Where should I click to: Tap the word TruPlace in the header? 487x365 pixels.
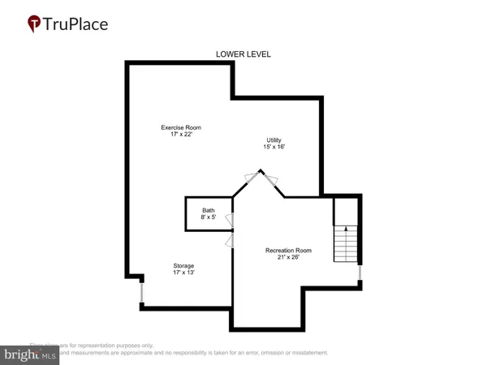click(x=80, y=24)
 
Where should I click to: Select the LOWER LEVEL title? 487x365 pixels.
click(x=243, y=54)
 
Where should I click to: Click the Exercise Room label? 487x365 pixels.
click(x=181, y=127)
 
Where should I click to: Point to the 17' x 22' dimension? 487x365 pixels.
click(x=181, y=135)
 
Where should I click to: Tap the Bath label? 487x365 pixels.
click(x=208, y=210)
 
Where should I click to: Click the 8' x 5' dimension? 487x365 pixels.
click(x=208, y=217)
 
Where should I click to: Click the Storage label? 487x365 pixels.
click(x=183, y=265)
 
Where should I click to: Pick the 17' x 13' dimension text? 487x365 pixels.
click(x=183, y=273)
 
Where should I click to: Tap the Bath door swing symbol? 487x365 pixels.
click(x=230, y=219)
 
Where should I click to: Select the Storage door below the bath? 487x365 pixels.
click(x=230, y=240)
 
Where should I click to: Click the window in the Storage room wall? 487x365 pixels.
click(x=142, y=290)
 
